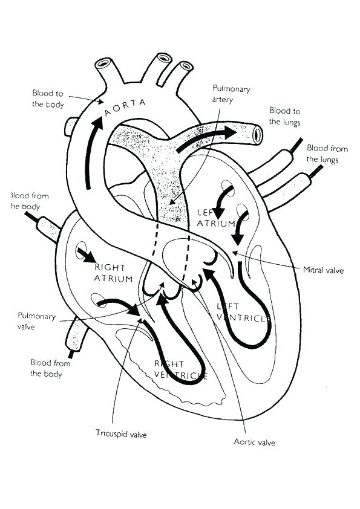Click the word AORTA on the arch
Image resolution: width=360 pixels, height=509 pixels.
pyautogui.click(x=125, y=108)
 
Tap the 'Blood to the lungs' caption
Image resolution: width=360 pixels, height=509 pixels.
pyautogui.click(x=284, y=115)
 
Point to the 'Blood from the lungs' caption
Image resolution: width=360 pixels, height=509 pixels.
pyautogui.click(x=327, y=154)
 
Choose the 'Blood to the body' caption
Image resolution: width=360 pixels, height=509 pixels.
pyautogui.click(x=48, y=99)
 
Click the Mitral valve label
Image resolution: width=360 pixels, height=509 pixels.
pyautogui.click(x=323, y=271)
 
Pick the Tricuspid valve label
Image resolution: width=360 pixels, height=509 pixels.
pyautogui.click(x=121, y=433)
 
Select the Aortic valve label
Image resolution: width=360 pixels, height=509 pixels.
pyautogui.click(x=254, y=442)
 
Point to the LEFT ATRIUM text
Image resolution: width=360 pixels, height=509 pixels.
pyautogui.click(x=217, y=218)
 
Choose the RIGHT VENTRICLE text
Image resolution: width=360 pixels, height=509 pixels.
pyautogui.click(x=181, y=369)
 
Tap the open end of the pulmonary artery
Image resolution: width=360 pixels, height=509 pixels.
pyautogui.click(x=257, y=134)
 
